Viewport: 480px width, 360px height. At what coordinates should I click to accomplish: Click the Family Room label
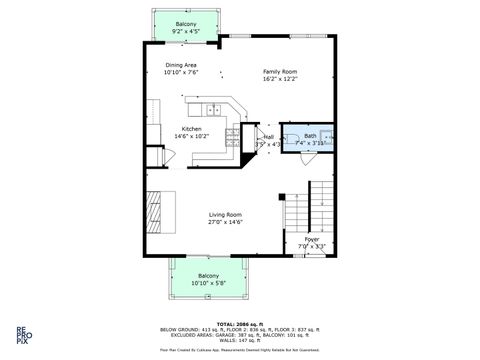[x=280, y=72]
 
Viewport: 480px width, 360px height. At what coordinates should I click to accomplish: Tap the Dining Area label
[x=182, y=65]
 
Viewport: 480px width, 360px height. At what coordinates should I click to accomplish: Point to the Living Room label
[x=225, y=215]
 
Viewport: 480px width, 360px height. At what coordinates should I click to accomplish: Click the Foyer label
[x=312, y=240]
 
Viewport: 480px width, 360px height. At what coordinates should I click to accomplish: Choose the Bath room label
[x=310, y=136]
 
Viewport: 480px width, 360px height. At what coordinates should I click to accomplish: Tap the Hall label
[x=268, y=137]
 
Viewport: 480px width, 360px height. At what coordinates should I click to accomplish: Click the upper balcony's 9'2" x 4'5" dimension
[x=186, y=31]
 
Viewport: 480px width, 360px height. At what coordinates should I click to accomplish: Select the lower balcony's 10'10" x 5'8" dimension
[x=208, y=283]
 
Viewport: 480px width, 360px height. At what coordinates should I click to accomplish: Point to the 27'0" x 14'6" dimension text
[x=225, y=223]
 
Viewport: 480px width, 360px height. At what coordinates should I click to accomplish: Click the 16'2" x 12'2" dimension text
[x=280, y=79]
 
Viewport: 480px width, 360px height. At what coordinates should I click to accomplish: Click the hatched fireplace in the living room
[x=154, y=210]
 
